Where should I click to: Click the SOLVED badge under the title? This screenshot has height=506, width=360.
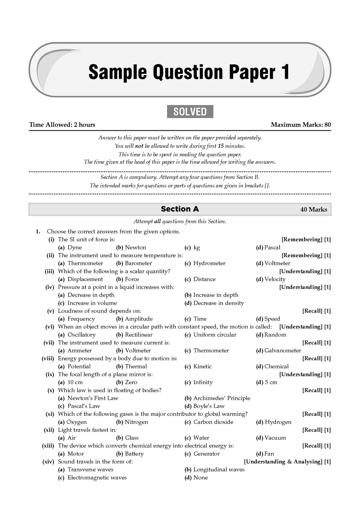[x=190, y=112]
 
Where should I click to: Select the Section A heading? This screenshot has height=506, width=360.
[x=180, y=209]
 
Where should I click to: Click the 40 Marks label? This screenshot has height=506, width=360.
[x=314, y=209]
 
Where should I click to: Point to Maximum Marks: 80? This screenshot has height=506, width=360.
[x=301, y=124]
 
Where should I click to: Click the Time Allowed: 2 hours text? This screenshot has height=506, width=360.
[x=62, y=124]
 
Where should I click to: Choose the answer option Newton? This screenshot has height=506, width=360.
[x=135, y=247]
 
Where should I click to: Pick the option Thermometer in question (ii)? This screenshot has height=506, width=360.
[x=85, y=263]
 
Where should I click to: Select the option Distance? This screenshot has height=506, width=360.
[x=204, y=279]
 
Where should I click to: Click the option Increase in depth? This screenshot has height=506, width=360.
[x=216, y=295]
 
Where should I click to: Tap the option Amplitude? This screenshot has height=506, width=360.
[x=139, y=319]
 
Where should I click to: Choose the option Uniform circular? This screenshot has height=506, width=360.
[x=215, y=335]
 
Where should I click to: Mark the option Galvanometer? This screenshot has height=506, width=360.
[x=283, y=350]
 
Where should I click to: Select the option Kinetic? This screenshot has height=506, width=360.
[x=202, y=366]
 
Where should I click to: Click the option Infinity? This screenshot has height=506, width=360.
[x=203, y=382]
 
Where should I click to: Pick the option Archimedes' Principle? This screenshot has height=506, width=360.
[x=221, y=398]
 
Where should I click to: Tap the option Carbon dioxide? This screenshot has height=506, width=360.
[x=213, y=422]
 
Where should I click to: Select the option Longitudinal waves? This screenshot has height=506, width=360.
[x=219, y=469]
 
